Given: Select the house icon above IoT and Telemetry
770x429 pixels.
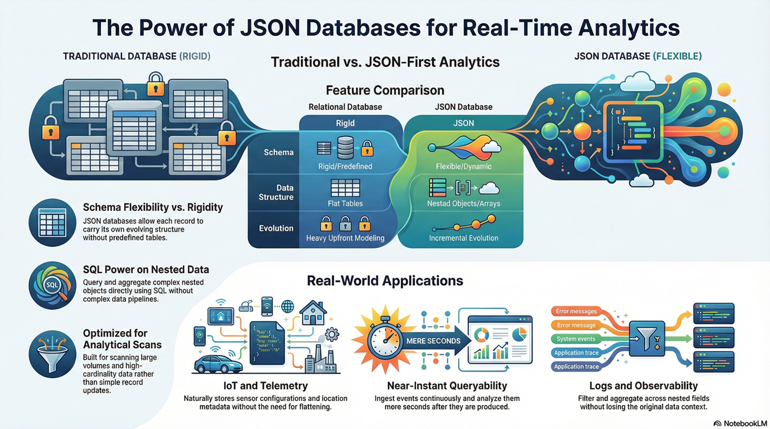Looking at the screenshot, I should click(x=313, y=313).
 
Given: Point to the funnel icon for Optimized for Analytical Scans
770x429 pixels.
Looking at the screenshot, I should click(x=52, y=354).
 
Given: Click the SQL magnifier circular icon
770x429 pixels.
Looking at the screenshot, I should click(x=52, y=285).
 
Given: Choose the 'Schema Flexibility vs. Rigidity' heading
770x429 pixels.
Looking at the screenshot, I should click(x=153, y=207).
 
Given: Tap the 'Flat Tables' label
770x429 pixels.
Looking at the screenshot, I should click(x=346, y=204).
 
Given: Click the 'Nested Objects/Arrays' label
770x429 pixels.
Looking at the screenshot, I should click(x=463, y=204).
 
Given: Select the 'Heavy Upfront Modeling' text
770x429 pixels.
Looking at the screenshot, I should click(x=345, y=238).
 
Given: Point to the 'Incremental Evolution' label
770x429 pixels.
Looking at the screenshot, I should click(x=463, y=238).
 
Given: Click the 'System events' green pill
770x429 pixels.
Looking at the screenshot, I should click(x=576, y=339).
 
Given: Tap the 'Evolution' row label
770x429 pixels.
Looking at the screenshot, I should click(x=276, y=228).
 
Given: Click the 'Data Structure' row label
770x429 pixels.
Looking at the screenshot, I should click(x=276, y=192).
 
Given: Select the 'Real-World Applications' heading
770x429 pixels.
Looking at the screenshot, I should click(x=384, y=281).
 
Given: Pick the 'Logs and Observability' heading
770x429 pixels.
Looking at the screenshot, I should click(x=643, y=386).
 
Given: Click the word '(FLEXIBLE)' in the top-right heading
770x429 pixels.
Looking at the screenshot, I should click(x=678, y=56).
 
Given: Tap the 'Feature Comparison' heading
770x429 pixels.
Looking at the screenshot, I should click(x=384, y=90).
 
